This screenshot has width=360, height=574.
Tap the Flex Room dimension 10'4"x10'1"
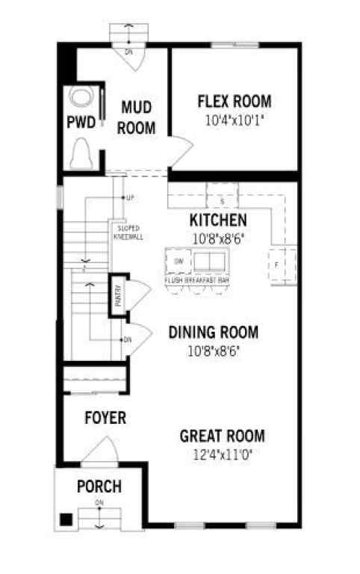tap(234, 120)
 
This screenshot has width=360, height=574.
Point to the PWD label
tap(81, 123)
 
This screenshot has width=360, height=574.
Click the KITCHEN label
tap(217, 220)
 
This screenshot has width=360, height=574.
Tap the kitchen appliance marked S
tap(221, 200)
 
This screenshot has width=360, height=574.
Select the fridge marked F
tap(276, 264)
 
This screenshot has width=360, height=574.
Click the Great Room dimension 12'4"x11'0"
tap(222, 454)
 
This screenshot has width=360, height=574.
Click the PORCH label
tap(99, 487)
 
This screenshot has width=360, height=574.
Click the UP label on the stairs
tap(129, 198)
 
